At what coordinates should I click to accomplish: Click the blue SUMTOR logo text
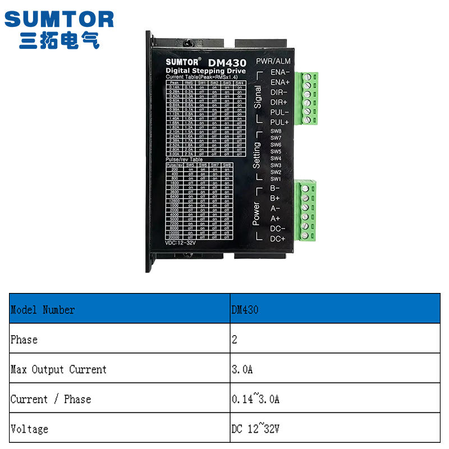point(59,20)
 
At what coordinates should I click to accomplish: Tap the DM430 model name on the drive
point(227,63)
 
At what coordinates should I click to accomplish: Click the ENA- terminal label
point(280,72)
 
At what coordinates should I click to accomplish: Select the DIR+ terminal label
point(279,102)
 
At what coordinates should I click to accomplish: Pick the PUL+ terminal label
point(280,122)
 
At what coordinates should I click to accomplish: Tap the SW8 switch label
point(276,131)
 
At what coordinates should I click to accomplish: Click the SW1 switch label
point(276,178)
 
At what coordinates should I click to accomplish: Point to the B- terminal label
point(275,188)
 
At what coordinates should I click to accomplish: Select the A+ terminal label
point(276,218)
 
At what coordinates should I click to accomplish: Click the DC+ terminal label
point(278,239)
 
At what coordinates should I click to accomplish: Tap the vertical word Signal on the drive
point(258,98)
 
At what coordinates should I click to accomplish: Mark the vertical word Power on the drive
point(256,214)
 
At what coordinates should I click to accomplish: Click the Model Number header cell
point(43,310)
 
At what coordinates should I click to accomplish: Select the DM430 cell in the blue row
point(245,310)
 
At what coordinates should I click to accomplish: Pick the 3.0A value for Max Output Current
point(242,369)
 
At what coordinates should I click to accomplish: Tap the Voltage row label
point(29,429)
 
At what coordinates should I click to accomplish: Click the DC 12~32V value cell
point(255,429)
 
